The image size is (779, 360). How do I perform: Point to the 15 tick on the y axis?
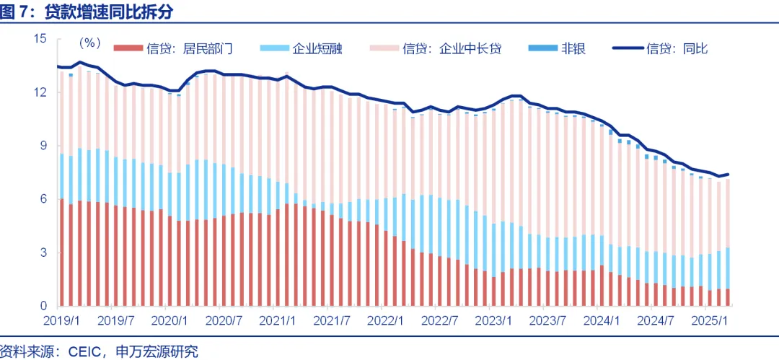point(40,39)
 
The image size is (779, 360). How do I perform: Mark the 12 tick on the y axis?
point(40,92)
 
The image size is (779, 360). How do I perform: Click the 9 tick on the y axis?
point(43,146)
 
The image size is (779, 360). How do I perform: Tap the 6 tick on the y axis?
point(43,199)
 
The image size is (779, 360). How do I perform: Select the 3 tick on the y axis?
point(43,253)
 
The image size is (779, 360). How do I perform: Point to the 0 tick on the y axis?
point(43,307)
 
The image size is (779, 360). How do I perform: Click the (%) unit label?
point(90,43)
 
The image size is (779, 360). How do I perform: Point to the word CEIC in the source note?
point(86,351)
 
